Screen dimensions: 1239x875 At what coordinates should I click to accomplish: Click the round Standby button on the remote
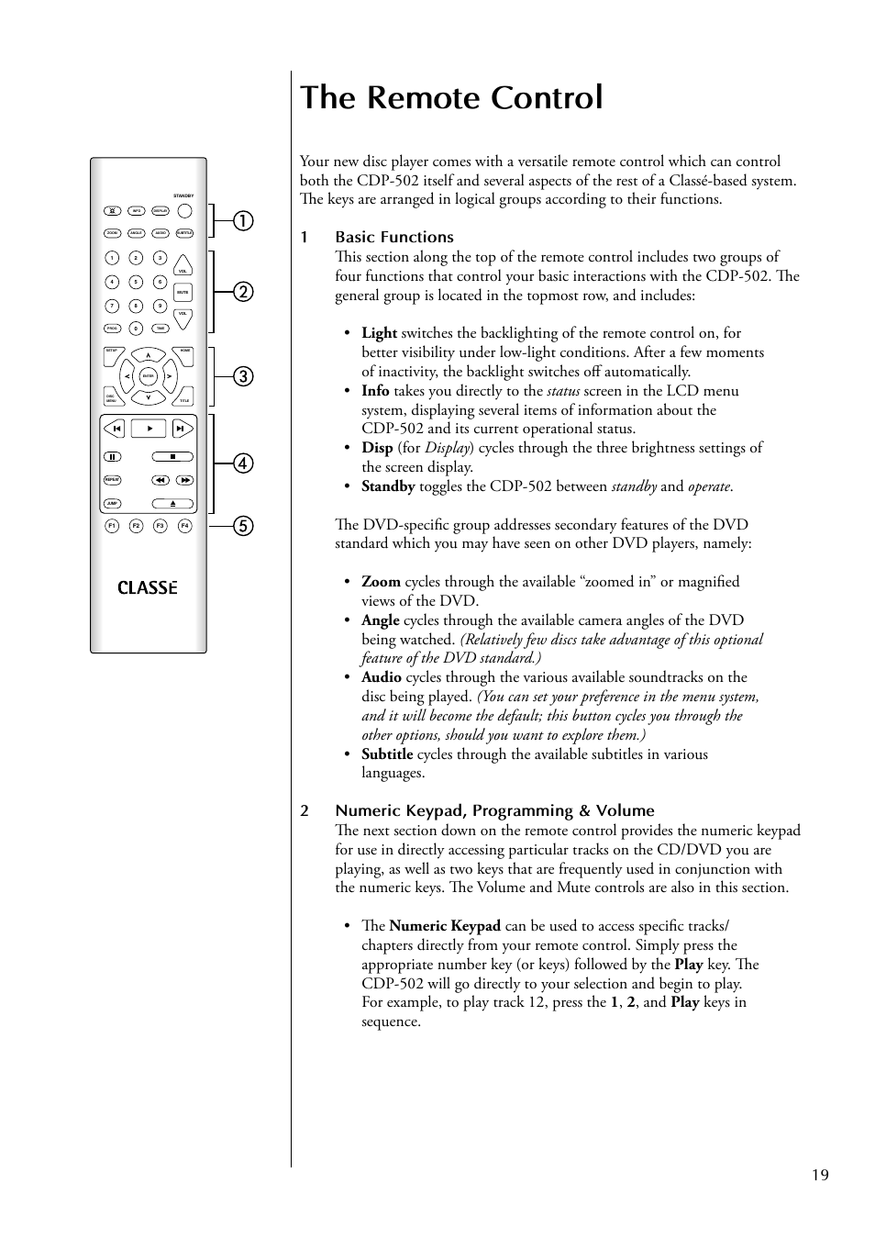point(184,210)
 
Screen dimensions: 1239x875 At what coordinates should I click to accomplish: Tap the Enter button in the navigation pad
point(148,376)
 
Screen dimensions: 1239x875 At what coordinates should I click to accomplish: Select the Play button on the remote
point(149,428)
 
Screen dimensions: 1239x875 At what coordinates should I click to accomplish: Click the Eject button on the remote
point(172,504)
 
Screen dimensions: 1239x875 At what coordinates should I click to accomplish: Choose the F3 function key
point(161,526)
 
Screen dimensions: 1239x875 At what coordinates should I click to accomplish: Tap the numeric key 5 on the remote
point(136,282)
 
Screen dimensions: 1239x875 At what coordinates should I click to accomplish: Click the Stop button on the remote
point(172,456)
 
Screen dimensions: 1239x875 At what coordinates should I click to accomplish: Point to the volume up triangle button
point(183,268)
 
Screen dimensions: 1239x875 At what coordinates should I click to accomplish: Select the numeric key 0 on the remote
point(136,329)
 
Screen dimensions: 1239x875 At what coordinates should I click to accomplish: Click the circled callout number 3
point(243,376)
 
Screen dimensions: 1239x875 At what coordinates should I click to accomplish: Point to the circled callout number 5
point(243,526)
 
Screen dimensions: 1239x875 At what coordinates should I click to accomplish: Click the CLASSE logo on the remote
point(148,588)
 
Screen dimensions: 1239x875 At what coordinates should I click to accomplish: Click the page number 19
point(820,1175)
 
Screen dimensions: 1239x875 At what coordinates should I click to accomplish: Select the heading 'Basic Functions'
point(394,237)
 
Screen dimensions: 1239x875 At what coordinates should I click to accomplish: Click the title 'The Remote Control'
point(451,97)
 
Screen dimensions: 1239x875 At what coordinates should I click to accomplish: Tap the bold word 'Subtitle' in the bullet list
point(387,754)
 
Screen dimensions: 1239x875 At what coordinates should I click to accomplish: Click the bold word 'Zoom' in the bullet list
point(381,582)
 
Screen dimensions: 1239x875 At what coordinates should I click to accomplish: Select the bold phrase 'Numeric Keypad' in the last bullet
point(445,926)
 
